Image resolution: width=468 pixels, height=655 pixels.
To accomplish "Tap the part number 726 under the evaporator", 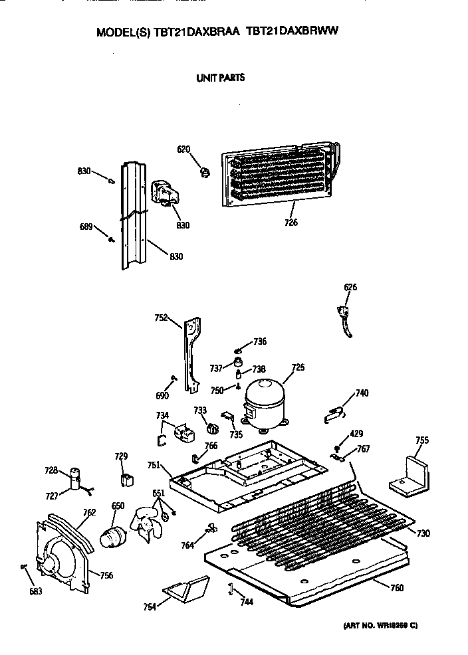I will point(290,223).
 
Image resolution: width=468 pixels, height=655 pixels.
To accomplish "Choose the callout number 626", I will point(350,287).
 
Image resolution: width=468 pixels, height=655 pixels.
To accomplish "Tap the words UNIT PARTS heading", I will point(220,78).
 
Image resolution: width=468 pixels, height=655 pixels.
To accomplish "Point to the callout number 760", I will point(397,587).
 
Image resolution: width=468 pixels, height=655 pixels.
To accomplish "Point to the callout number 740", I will point(362,393).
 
